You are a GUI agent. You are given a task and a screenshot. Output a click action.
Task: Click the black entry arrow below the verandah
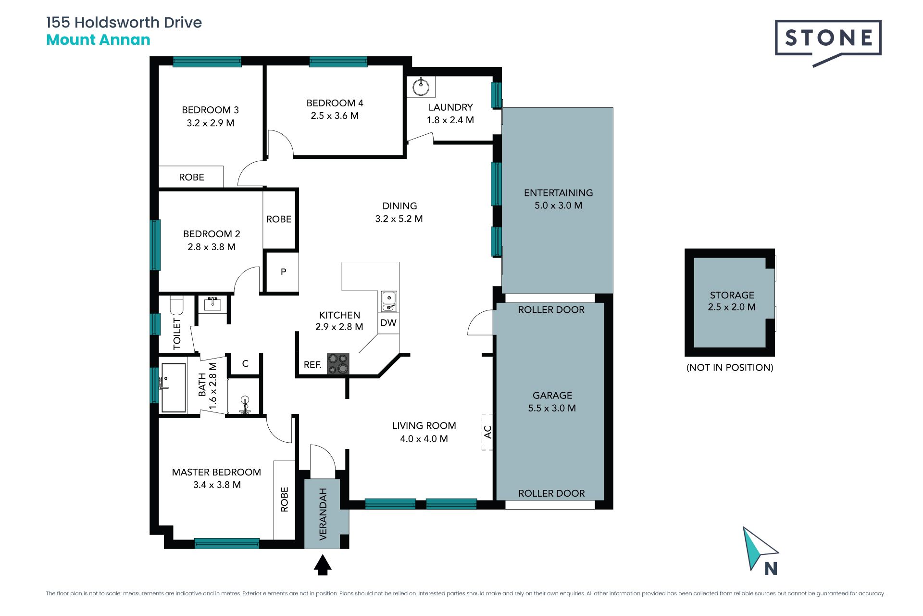point(323,565)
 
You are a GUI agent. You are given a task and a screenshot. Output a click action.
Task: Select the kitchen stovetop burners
point(338,364)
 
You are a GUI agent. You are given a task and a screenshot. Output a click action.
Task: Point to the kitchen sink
point(389,301)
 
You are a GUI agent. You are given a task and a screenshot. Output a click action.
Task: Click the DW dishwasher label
point(388,323)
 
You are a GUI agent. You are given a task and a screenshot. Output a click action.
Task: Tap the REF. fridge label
point(312,365)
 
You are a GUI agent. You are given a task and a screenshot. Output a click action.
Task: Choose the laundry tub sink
point(421,87)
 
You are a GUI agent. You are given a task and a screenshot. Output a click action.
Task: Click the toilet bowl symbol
point(177,305)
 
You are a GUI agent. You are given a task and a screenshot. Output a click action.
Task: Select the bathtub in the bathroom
point(174,388)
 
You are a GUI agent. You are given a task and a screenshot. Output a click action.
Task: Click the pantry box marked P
point(283,272)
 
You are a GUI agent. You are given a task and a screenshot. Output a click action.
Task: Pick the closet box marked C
point(245,364)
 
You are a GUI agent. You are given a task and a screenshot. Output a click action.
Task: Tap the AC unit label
point(487,432)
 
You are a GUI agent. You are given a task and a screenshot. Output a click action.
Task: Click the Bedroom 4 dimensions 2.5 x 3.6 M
point(335,116)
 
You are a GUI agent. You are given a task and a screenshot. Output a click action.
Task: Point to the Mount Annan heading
point(98,40)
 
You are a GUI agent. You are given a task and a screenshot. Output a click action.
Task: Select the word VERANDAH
point(323,514)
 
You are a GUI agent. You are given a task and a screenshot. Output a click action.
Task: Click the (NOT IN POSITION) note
point(730,368)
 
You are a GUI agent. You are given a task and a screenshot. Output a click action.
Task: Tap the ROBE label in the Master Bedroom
point(284,499)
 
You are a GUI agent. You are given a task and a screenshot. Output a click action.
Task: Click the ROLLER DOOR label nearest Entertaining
point(551,310)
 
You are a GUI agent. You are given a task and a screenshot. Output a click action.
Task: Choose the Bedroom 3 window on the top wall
point(207,62)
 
